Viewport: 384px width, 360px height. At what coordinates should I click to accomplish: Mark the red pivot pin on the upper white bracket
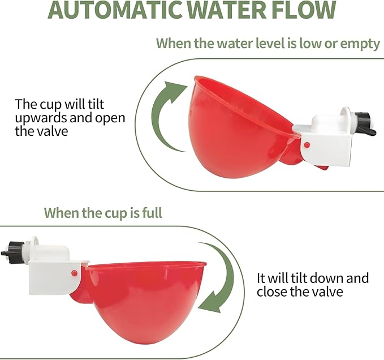point(306,145)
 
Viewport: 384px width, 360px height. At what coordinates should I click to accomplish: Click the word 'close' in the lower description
point(272,293)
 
